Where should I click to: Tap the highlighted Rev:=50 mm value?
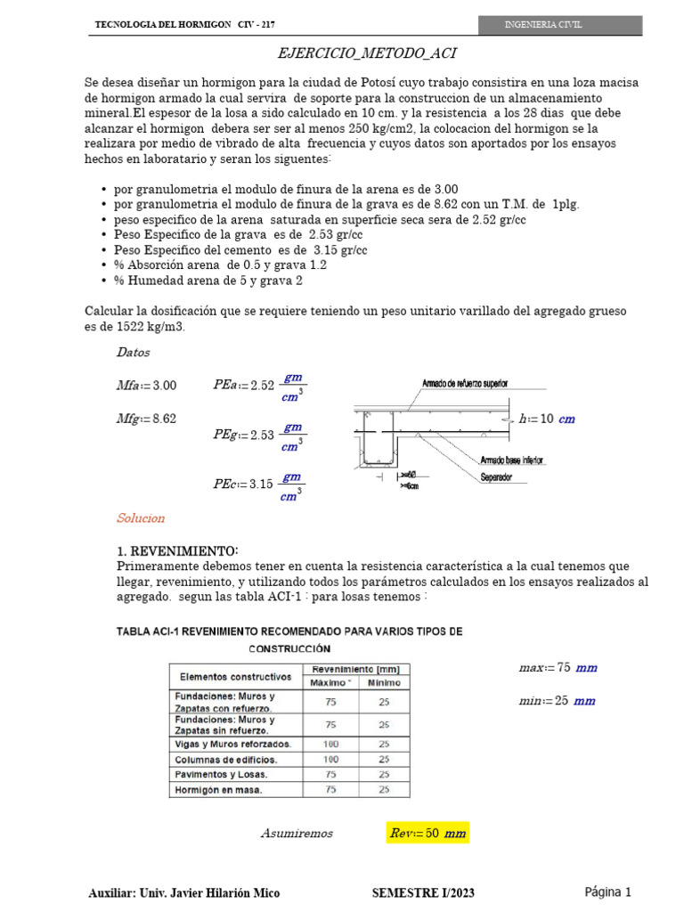(427, 834)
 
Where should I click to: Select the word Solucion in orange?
(141, 518)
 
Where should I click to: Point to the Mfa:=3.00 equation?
(147, 386)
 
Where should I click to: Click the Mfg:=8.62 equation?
(147, 418)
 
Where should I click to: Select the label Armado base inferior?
(512, 460)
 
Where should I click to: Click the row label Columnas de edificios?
(226, 760)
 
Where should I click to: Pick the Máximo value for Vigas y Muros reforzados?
(330, 743)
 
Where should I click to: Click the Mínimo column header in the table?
(384, 682)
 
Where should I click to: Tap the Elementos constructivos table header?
(234, 676)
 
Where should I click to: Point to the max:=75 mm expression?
(558, 667)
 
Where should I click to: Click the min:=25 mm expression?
(557, 701)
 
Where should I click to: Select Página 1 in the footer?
(608, 892)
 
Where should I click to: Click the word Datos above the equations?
(134, 353)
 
